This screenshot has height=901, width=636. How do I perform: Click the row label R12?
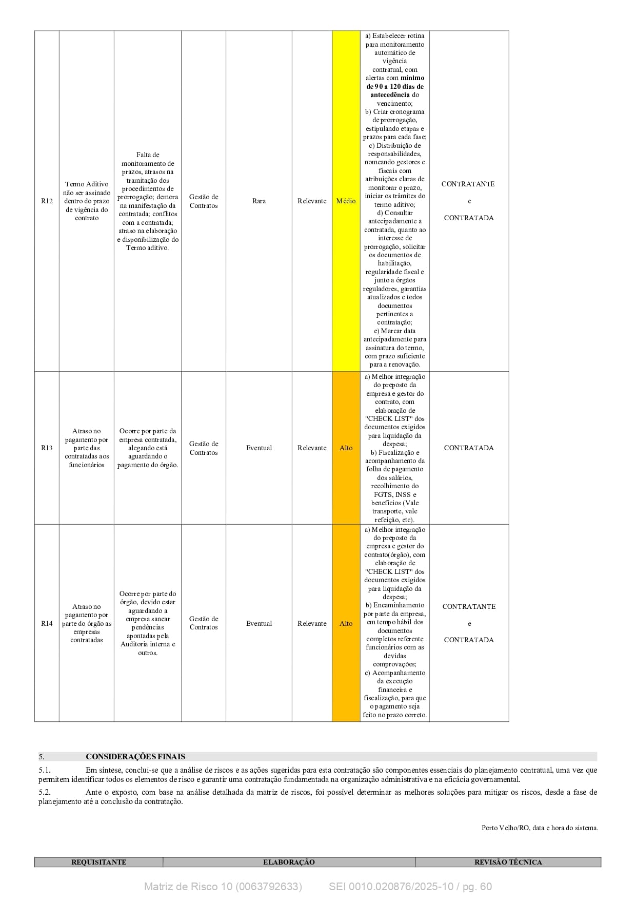tap(47, 201)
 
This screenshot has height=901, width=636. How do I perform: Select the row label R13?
tap(47, 448)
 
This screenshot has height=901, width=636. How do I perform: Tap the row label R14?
tap(47, 624)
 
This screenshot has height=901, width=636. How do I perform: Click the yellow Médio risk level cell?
tap(346, 201)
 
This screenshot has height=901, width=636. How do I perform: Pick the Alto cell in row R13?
tap(346, 448)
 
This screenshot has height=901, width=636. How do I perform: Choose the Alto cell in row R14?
tap(346, 624)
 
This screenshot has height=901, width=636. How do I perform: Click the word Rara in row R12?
tap(259, 201)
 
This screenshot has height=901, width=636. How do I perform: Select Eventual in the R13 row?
tap(259, 448)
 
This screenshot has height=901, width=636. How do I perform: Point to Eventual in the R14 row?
tap(259, 624)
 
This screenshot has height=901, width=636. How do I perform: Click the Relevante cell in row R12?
tap(312, 201)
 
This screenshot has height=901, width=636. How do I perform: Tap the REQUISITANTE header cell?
tap(98, 862)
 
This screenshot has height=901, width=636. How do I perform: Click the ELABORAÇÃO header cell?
tap(289, 862)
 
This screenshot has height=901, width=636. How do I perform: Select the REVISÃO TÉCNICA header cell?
tap(508, 862)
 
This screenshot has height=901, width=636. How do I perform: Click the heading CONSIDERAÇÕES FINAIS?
tap(135, 757)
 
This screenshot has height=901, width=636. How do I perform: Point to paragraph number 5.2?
tap(45, 792)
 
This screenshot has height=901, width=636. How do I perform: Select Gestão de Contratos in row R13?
tap(204, 448)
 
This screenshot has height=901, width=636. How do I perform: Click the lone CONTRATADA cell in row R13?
tap(469, 448)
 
